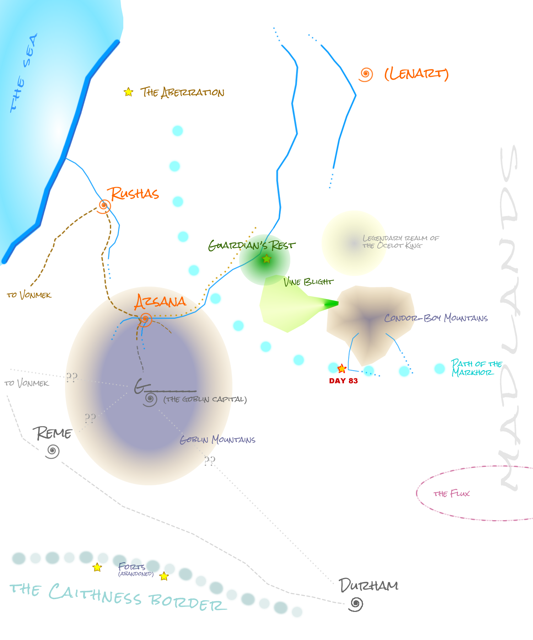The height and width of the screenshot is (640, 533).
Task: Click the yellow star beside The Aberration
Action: click(128, 92)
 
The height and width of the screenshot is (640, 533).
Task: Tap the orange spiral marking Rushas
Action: click(104, 205)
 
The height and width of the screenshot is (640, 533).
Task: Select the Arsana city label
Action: click(160, 302)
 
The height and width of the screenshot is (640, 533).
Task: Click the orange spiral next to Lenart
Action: click(366, 74)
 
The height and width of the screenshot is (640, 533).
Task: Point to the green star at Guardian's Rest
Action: click(266, 259)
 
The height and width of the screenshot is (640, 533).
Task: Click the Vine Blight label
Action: click(308, 282)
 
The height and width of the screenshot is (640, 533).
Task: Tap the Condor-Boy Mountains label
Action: click(436, 318)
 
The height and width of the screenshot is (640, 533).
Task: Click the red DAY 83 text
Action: click(343, 381)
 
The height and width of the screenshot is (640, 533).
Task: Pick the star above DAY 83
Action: click(342, 368)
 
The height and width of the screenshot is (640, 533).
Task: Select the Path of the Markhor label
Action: click(476, 368)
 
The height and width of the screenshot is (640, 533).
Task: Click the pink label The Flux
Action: click(452, 494)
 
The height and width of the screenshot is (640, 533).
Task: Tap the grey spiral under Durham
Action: click(356, 604)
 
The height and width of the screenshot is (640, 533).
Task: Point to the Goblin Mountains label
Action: click(217, 440)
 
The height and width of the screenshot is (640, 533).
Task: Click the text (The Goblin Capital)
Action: click(205, 399)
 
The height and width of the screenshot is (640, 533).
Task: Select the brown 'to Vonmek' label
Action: click(29, 295)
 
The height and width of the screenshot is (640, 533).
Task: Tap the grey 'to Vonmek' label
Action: click(27, 383)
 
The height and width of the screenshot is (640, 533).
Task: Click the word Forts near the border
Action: click(132, 566)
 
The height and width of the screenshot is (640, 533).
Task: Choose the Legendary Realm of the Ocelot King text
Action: click(400, 242)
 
